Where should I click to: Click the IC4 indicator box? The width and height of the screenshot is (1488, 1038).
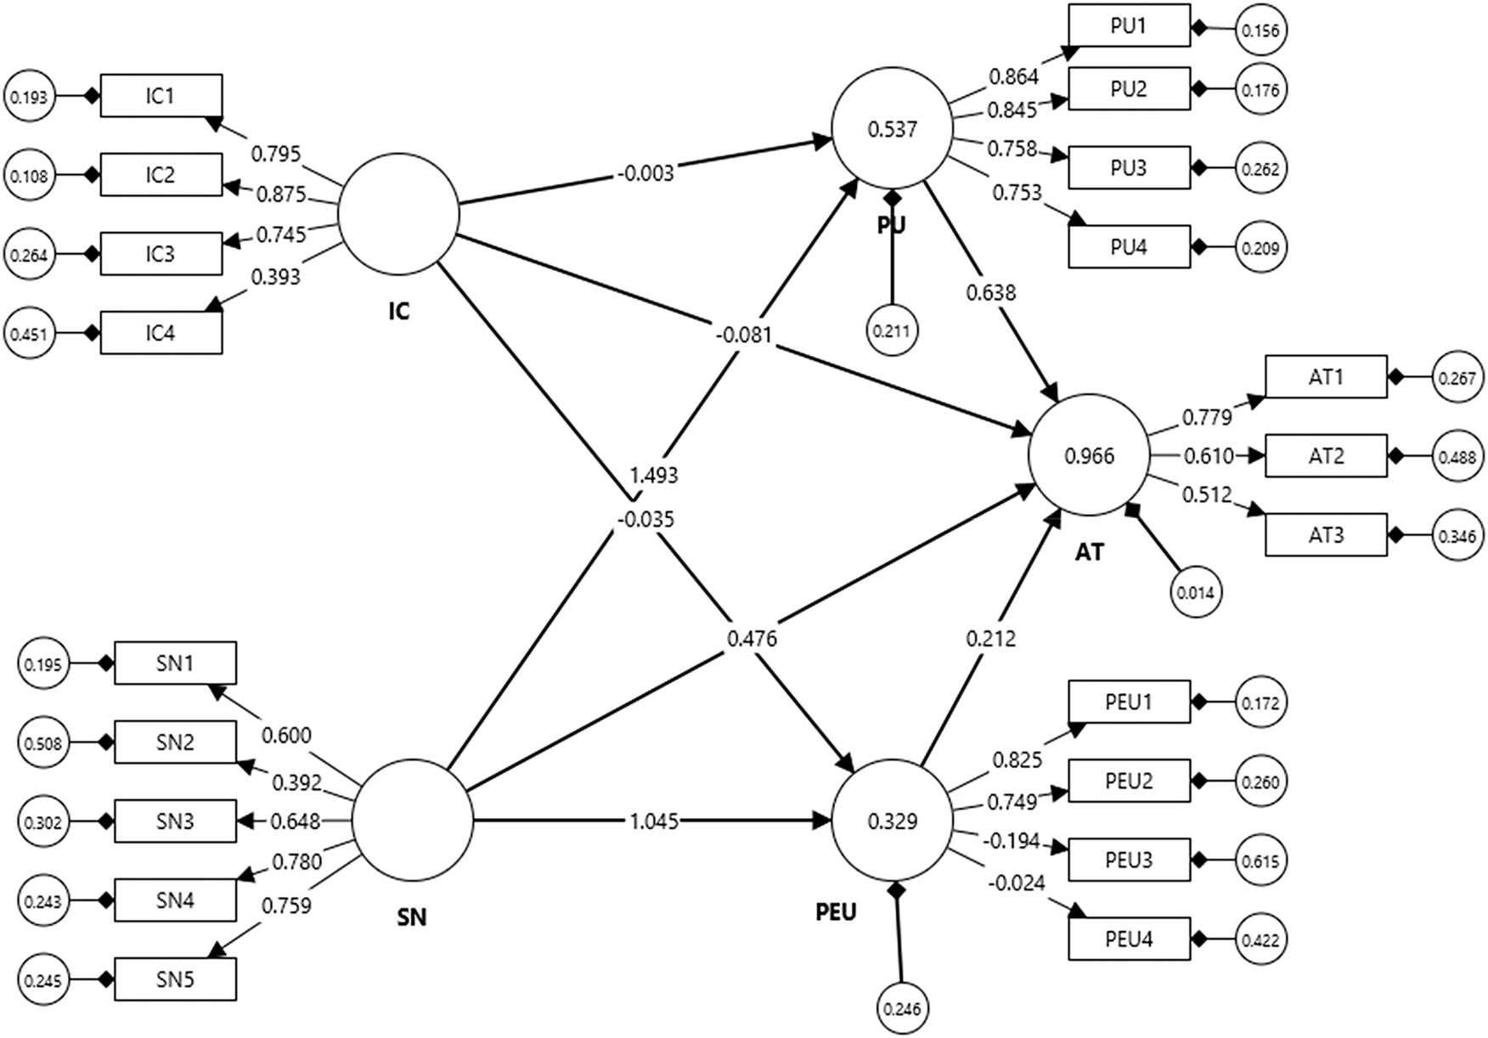click(161, 332)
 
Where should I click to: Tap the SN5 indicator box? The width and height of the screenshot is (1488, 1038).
click(174, 979)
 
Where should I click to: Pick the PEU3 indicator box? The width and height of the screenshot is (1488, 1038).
click(1128, 860)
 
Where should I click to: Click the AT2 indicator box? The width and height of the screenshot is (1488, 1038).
click(1325, 456)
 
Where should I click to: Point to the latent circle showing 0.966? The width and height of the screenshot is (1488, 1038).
click(1089, 456)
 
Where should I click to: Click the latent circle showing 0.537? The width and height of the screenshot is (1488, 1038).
click(892, 129)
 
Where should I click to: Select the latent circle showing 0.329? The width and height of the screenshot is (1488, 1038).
click(892, 821)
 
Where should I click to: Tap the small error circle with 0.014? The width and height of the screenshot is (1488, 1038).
click(1196, 593)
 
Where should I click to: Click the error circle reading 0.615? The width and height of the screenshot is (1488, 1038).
click(1260, 860)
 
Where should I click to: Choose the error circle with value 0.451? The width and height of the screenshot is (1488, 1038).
click(30, 334)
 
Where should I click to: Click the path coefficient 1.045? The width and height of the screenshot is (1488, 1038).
click(653, 821)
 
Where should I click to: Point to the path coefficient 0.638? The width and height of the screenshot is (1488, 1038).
click(989, 293)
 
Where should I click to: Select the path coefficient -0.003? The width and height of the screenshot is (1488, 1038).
click(645, 173)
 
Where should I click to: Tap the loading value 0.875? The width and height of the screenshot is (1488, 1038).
click(280, 195)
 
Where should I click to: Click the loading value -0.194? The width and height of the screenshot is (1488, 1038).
click(1011, 842)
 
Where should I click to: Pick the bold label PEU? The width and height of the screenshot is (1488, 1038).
click(836, 912)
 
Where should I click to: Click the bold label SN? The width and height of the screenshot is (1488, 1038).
click(412, 917)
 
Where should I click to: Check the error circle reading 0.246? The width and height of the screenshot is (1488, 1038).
click(902, 1009)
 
